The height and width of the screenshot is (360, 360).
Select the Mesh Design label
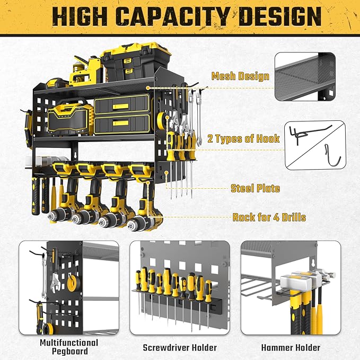[240, 76]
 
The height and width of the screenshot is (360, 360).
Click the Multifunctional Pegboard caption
[69, 347]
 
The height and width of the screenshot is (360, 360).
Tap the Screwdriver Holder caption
[180, 348]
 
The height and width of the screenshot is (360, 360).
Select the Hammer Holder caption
[291, 348]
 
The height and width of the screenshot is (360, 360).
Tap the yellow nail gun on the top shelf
[85, 75]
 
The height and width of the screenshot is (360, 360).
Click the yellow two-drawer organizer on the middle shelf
[121, 116]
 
